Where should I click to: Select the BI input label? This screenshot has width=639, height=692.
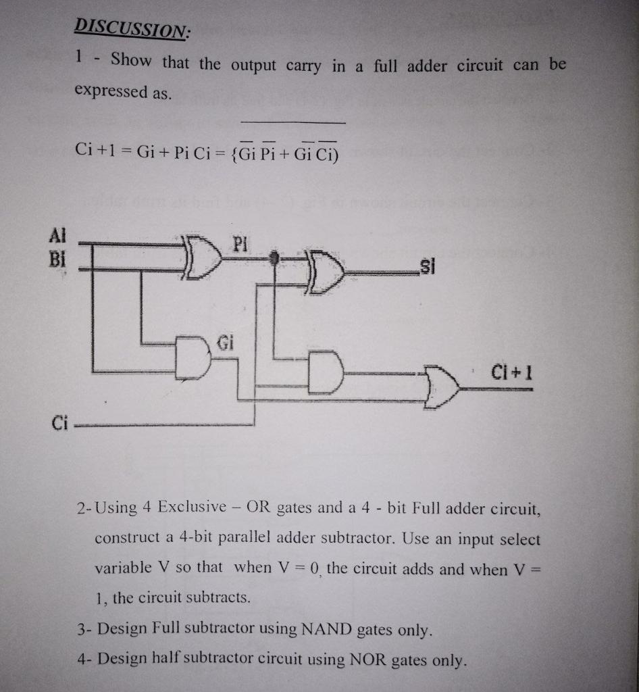[59, 258]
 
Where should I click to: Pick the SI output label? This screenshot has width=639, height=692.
[427, 267]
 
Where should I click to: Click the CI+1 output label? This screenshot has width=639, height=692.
[512, 372]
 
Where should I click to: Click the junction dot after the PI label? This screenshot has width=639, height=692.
[274, 257]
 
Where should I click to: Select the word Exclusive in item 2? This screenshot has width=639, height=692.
[193, 506]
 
